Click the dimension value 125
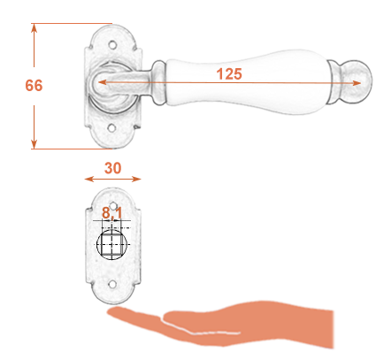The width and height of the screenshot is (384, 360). point(229,73)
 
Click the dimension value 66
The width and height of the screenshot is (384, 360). point(34,86)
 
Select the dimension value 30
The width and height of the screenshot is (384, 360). point(112,168)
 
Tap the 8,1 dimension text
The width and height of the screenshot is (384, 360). point(111,213)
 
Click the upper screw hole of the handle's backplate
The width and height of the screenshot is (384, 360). point(112,45)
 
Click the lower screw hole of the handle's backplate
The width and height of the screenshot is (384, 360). point(111,128)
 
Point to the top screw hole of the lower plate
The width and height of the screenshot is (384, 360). point(113,204)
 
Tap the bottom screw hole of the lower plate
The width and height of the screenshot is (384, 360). point(112,285)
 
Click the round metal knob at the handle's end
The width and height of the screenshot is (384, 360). point(358,82)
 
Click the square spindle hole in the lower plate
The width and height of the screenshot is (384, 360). point(111,245)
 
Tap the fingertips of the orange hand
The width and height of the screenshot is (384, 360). point(113,311)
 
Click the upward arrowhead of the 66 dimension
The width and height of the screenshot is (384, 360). point(35,27)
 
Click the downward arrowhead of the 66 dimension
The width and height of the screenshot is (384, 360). point(35,144)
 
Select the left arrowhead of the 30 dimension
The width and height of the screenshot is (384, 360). point(88,179)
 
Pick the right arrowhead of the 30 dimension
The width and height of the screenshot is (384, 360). point(136,179)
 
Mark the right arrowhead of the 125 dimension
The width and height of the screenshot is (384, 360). point(357,83)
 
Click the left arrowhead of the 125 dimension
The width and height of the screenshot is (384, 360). point(102,82)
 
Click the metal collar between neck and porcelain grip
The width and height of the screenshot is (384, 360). point(159,82)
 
